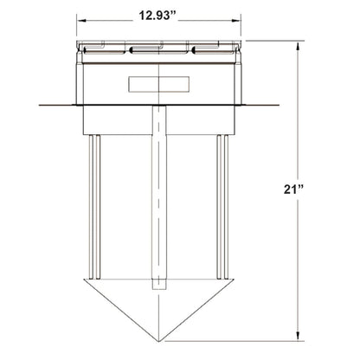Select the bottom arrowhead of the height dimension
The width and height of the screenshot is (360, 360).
click(299, 335)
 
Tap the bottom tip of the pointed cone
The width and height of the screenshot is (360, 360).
click(160, 337)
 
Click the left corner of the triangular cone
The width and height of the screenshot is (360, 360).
click(80, 279)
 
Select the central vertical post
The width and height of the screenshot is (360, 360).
click(160, 190)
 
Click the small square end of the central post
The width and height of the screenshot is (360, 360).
click(160, 285)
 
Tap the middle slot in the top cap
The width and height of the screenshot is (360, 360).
click(160, 49)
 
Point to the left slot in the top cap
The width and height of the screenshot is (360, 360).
click(105, 49)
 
